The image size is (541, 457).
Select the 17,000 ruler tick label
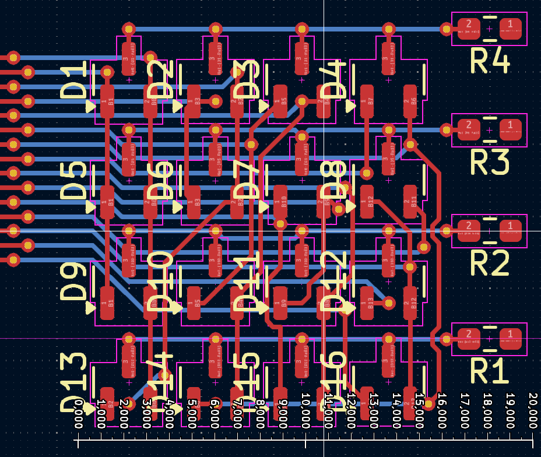click(465, 410)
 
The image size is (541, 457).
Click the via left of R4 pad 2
click(446, 28)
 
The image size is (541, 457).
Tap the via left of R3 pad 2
click(446, 129)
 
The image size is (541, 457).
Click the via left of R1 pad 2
click(446, 338)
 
